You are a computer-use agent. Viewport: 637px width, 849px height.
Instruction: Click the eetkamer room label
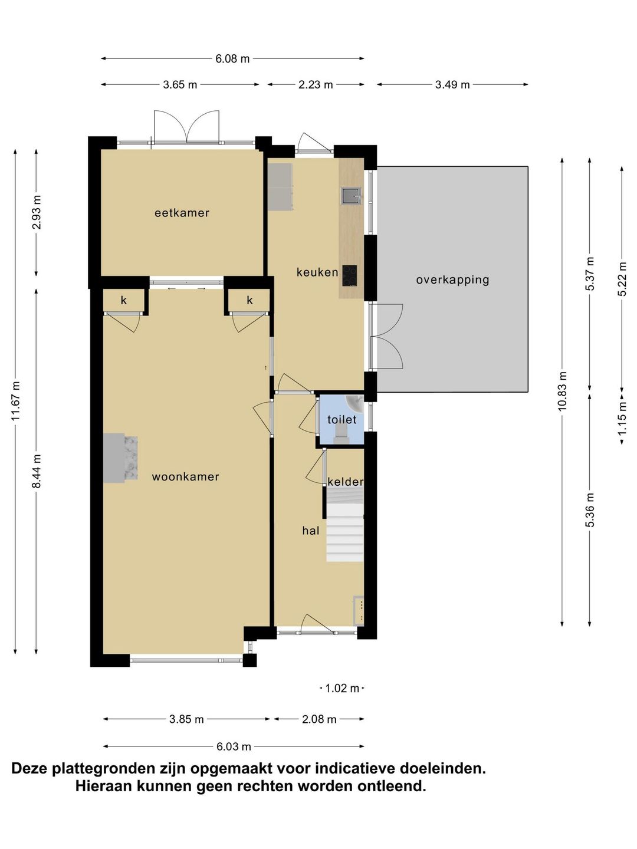tap(182, 213)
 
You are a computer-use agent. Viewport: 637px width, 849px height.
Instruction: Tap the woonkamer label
tap(185, 476)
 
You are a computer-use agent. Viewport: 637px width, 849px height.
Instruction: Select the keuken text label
tap(317, 272)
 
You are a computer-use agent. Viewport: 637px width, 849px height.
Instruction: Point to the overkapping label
tap(452, 280)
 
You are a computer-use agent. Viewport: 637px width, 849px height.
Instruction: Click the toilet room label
tap(342, 420)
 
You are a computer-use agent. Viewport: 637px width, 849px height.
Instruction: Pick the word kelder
tap(346, 482)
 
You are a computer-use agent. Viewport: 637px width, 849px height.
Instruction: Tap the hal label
tap(311, 531)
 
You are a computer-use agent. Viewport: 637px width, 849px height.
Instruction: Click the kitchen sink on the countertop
tap(351, 196)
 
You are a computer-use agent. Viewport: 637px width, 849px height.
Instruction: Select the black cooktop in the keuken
tap(349, 276)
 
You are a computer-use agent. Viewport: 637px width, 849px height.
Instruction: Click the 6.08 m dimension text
tap(232, 59)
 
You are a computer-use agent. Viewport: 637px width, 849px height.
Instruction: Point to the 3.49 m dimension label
tap(452, 85)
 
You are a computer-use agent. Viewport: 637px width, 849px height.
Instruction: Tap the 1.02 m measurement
tap(342, 689)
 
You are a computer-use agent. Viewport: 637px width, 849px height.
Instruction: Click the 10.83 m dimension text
tap(562, 391)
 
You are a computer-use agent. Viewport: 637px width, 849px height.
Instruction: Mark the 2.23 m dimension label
tap(316, 85)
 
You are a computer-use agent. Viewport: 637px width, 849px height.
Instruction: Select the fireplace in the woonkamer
tap(120, 458)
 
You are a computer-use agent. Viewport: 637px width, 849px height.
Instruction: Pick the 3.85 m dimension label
tap(186, 719)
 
